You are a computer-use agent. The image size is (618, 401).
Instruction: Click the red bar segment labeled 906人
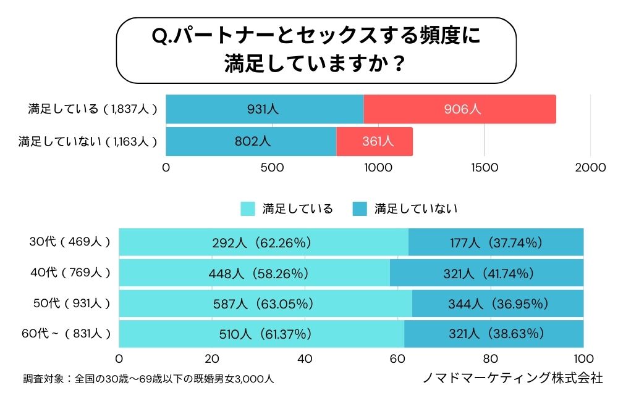pos(460,109)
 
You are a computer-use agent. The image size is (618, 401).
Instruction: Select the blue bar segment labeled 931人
pos(265,109)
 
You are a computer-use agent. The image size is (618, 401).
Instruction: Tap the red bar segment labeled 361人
pos(375,141)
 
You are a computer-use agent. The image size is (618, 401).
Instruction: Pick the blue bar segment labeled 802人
pos(251,141)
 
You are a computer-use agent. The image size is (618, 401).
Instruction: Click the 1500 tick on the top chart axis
pos(485,167)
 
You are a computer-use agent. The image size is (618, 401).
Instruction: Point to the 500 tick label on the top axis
pos(272,167)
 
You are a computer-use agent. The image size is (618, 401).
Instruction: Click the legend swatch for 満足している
pos(248,209)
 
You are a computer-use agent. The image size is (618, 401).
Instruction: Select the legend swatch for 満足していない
pos(360,209)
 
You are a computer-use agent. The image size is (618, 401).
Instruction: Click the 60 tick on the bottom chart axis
pos(397,358)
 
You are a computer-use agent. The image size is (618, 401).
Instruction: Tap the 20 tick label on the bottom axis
pos(212,358)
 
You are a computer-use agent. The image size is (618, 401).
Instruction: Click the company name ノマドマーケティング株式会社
pos(512,378)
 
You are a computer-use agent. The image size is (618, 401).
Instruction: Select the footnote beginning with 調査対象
pos(148,378)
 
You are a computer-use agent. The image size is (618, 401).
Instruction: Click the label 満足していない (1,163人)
pos(87,141)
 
